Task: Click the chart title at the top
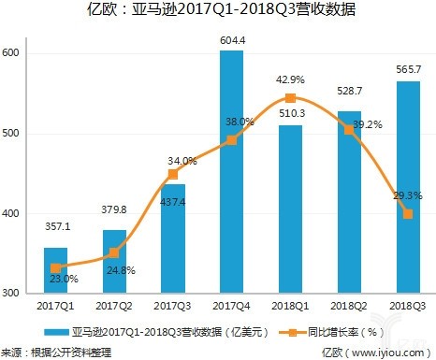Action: (x=218, y=12)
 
